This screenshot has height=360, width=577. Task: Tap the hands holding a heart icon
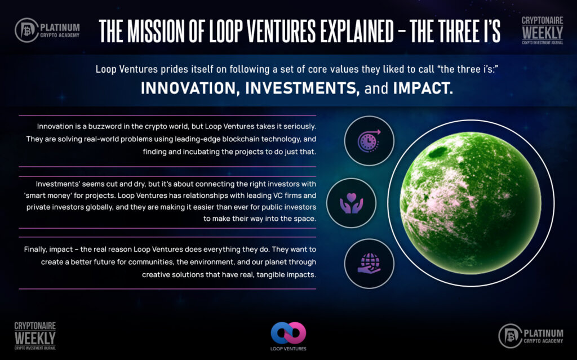point(352,203)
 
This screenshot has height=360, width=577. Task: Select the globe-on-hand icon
point(369,263)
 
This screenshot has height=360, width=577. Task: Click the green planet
point(471,203)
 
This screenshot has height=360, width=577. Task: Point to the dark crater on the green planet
point(437,152)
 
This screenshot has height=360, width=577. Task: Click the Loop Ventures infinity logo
point(288,333)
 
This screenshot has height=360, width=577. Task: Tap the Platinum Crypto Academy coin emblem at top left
point(26,30)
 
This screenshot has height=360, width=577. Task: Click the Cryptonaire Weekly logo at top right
point(543,30)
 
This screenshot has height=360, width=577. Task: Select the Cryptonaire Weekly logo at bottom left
point(35,336)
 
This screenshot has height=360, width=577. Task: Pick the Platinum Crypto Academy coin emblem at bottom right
point(511,336)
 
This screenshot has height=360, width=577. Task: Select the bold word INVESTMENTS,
point(303,88)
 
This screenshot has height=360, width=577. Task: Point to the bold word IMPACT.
point(423,88)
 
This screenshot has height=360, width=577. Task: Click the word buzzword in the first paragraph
point(104,126)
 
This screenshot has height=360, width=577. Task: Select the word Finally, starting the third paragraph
point(35,250)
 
